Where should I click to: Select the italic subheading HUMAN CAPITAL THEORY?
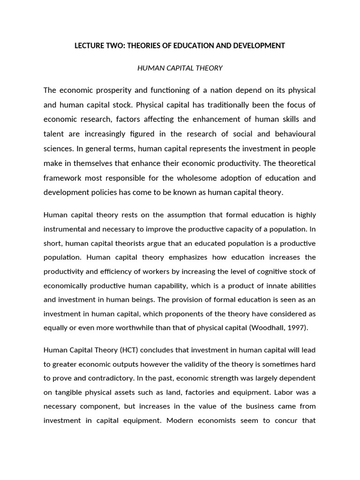click(x=180, y=68)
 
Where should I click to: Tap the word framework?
click(x=62, y=178)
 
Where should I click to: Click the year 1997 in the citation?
click(x=296, y=328)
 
